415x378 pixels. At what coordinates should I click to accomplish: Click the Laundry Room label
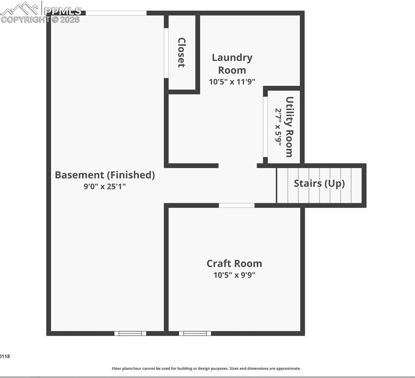tap(232, 63)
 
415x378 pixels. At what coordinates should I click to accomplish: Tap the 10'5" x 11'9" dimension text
tap(232, 82)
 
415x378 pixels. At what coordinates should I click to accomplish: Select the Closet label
tap(182, 52)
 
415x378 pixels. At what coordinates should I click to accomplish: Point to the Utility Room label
tap(289, 126)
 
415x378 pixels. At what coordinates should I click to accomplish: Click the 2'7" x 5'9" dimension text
tap(279, 126)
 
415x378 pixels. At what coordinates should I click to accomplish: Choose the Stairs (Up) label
tap(319, 184)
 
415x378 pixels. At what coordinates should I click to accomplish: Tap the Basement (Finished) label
tap(105, 175)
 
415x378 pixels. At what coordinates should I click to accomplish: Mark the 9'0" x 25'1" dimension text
tap(105, 187)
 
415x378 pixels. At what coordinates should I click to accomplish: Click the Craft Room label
tap(234, 263)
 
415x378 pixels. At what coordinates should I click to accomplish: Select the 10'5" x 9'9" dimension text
tap(234, 275)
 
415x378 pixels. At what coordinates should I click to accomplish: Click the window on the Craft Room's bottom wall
tap(195, 333)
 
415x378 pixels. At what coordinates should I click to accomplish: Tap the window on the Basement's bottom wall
tap(130, 333)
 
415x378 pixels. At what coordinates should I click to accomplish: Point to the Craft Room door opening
tap(237, 205)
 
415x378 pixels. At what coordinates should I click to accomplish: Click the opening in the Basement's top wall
tap(116, 13)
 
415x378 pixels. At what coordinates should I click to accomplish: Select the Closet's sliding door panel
tap(166, 53)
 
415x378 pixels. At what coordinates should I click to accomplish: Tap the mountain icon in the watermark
tap(20, 8)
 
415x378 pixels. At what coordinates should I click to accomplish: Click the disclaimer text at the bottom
tap(206, 368)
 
